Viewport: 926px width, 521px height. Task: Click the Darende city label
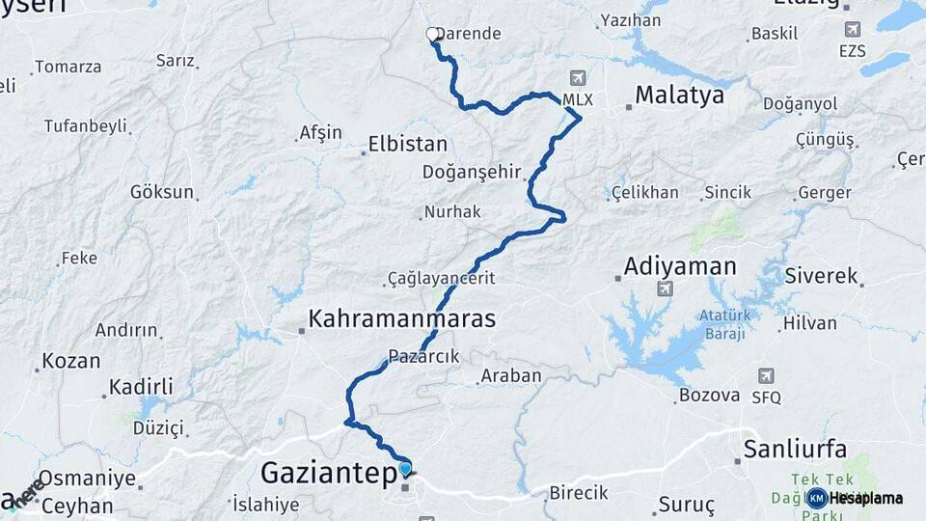point(469,34)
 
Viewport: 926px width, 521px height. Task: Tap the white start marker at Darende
point(433,34)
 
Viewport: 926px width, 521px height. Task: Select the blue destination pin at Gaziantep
point(405,469)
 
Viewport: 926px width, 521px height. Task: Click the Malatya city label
point(679,96)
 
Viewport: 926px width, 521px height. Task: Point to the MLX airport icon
point(577,78)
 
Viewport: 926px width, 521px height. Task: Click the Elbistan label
point(408,146)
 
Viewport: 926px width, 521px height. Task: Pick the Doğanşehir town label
point(471,172)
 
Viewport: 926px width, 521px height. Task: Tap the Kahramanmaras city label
point(401,318)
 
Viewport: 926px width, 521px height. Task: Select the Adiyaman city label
point(680,266)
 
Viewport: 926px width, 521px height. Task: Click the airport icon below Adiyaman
point(664,288)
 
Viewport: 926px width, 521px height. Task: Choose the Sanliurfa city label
point(795,449)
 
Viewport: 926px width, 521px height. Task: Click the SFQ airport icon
point(766,375)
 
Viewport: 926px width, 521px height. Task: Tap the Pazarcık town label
point(424,355)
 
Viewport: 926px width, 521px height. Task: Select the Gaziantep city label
point(329,474)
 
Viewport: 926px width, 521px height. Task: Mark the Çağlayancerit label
point(441,278)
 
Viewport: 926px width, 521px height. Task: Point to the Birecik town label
point(579,493)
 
